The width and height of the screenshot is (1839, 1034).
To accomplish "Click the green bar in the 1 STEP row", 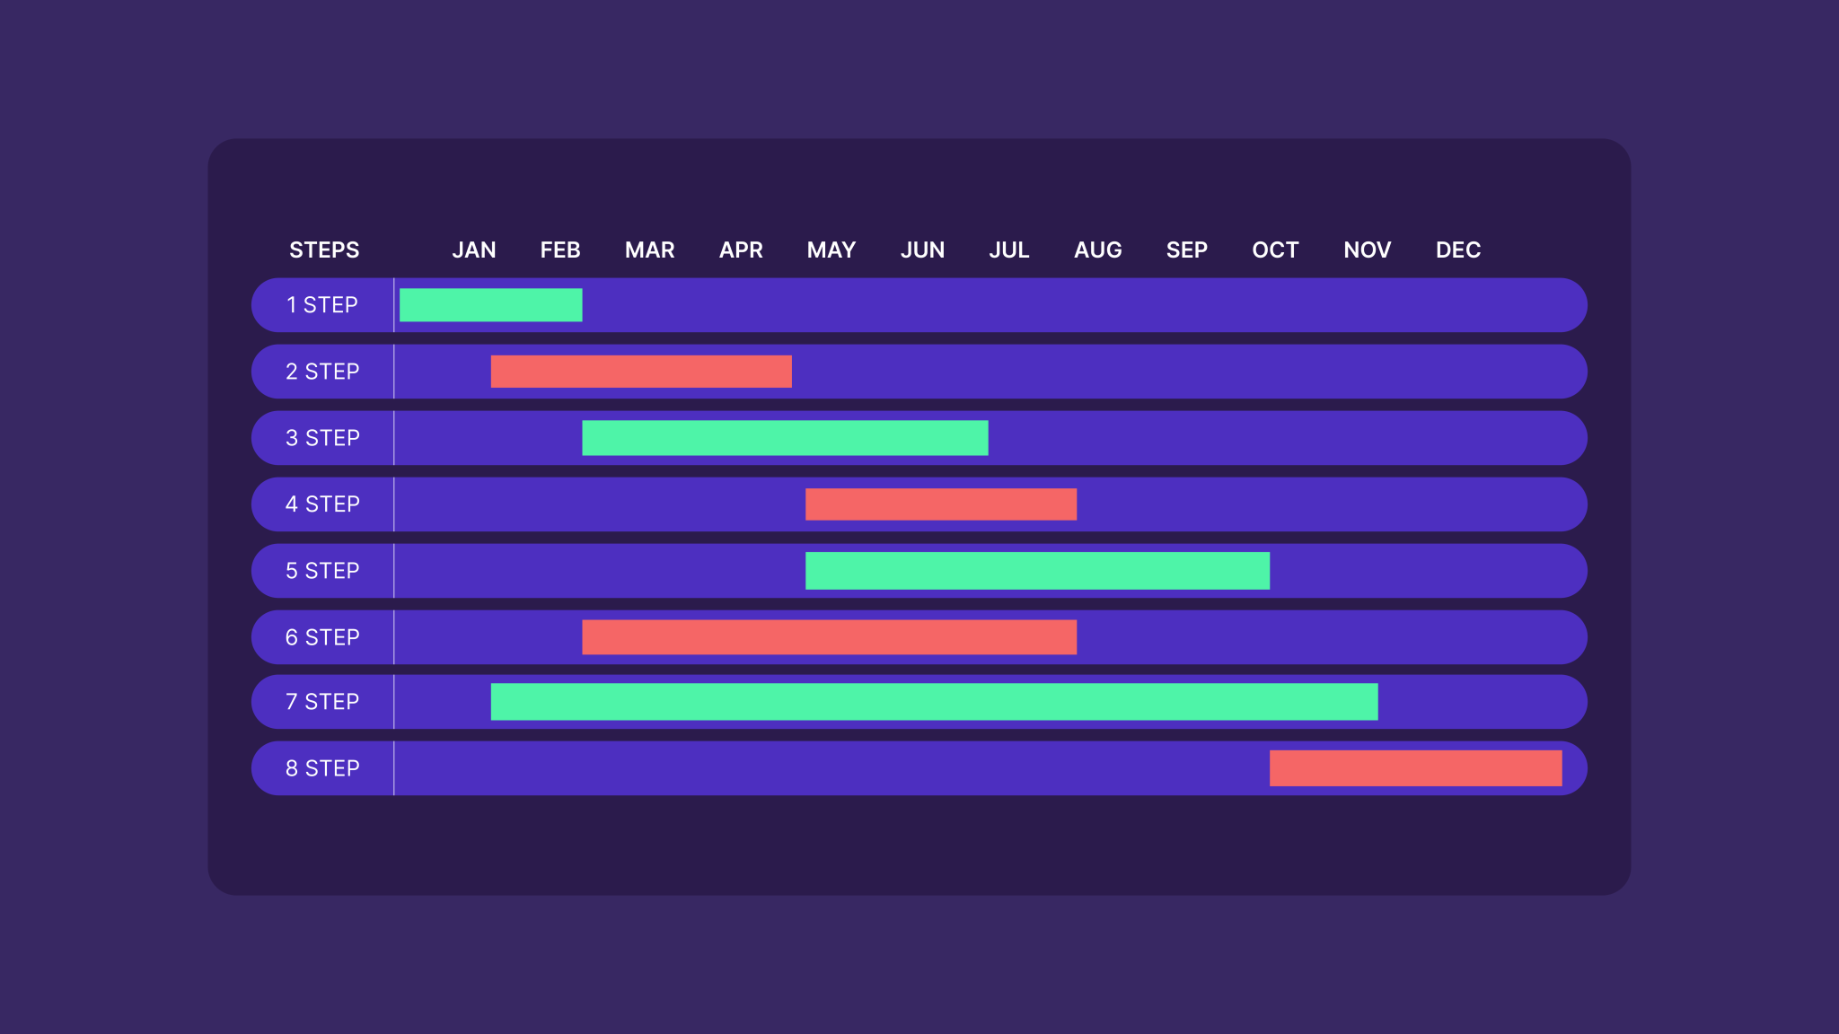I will (490, 305).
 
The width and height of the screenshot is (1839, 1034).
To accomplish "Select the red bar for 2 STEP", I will (641, 372).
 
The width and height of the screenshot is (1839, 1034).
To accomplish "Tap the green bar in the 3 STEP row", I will (785, 438).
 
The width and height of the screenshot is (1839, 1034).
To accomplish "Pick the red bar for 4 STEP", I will (941, 504).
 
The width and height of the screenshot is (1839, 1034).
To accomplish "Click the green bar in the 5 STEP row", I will (1037, 571).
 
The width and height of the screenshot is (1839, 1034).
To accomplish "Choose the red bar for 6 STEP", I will (829, 637).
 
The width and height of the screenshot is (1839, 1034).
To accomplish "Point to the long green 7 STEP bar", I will (934, 702).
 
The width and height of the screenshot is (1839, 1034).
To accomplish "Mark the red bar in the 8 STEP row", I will (1415, 768).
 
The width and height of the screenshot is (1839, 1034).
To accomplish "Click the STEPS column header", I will (324, 250).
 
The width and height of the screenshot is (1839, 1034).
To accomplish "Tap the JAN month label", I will (474, 250).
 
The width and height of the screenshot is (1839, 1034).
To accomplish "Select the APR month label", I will (741, 250).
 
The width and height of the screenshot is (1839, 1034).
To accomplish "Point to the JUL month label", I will (1009, 250).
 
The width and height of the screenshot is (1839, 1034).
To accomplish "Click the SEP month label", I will (1186, 250).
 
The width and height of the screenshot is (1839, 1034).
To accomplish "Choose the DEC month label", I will (1458, 250).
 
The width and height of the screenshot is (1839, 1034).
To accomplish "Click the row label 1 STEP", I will (322, 305).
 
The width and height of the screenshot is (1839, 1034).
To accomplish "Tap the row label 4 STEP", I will (322, 504).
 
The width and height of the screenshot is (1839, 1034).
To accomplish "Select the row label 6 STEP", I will (322, 637).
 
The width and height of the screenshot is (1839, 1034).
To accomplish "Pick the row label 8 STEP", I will (322, 768).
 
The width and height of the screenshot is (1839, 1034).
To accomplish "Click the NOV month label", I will (1367, 250).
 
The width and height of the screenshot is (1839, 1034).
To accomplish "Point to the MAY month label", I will (832, 250).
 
